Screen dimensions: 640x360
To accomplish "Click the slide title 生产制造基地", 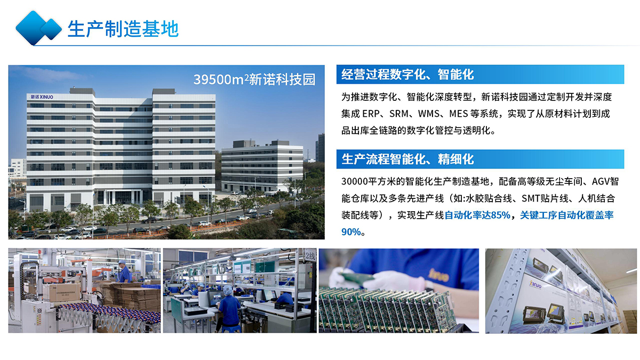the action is click(x=123, y=29).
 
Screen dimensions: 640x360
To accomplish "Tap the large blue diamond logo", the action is click(x=32, y=28).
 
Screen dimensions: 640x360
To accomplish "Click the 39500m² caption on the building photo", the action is click(x=254, y=79).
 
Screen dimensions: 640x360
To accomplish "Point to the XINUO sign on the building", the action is click(x=42, y=97).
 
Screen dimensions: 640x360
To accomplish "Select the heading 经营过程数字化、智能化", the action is click(x=407, y=75).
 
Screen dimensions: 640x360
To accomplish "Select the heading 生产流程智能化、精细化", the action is click(x=407, y=159).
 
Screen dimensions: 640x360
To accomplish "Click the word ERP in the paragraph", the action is click(x=371, y=114).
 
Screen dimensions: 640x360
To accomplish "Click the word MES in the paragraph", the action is click(x=458, y=114).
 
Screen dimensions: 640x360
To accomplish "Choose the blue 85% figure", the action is click(x=501, y=215).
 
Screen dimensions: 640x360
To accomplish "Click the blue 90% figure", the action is click(x=351, y=231).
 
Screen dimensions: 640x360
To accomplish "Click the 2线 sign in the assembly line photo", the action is click(x=310, y=255).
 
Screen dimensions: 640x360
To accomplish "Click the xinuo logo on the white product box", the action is click(x=535, y=284).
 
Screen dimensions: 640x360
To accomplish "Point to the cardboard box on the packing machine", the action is click(x=65, y=293).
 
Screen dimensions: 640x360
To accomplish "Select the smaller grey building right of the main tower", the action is click(x=262, y=166).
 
